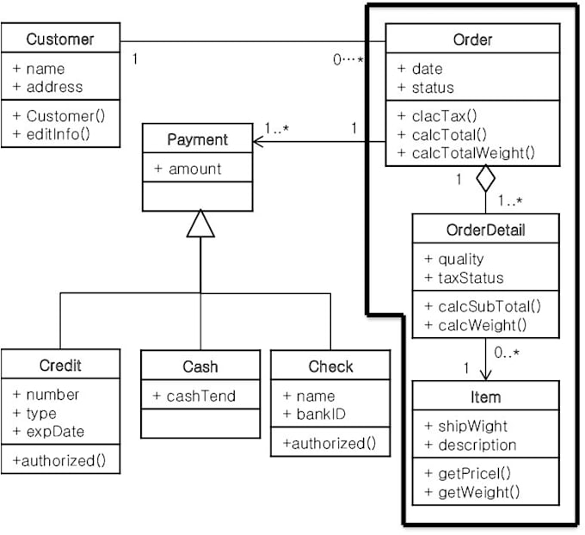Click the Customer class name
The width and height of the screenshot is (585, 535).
(x=60, y=39)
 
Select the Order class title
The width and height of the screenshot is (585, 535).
(x=472, y=40)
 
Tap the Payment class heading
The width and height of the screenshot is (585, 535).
(x=197, y=139)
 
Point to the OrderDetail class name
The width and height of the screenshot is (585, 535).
(x=485, y=231)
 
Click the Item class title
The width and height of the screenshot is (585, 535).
(x=485, y=397)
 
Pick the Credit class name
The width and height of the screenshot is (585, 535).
(x=60, y=366)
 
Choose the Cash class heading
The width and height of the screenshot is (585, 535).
(x=200, y=366)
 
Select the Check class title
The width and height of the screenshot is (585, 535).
(x=330, y=366)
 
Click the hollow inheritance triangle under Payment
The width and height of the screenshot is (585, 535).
(x=200, y=224)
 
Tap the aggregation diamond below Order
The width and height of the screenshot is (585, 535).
(x=486, y=179)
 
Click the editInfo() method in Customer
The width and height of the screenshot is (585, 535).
(x=52, y=133)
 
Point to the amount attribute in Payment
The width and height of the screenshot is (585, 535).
(x=188, y=169)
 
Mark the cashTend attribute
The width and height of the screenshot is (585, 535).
(x=194, y=396)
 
